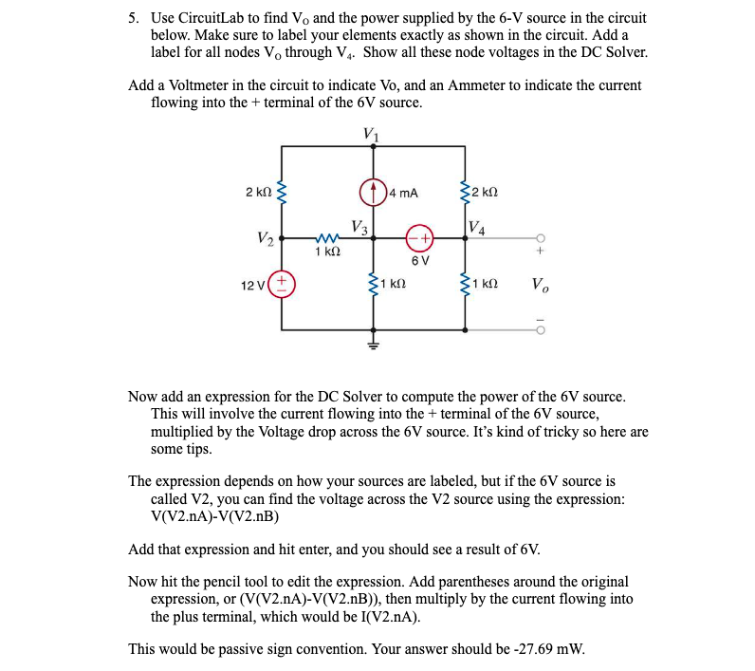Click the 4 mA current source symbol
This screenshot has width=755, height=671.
pos(372,191)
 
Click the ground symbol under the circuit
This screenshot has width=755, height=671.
pos(372,344)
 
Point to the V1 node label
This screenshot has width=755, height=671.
pos(372,134)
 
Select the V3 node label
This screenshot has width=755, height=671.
pos(359,227)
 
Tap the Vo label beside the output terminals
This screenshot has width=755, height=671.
pos(538,285)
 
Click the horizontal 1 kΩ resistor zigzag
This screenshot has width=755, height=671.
pos(326,237)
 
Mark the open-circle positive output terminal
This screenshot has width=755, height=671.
pos(540,238)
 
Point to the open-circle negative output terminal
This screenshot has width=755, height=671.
pos(540,330)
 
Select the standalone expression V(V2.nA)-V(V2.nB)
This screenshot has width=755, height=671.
pos(214,516)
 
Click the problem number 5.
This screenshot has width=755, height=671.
pos(134,18)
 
